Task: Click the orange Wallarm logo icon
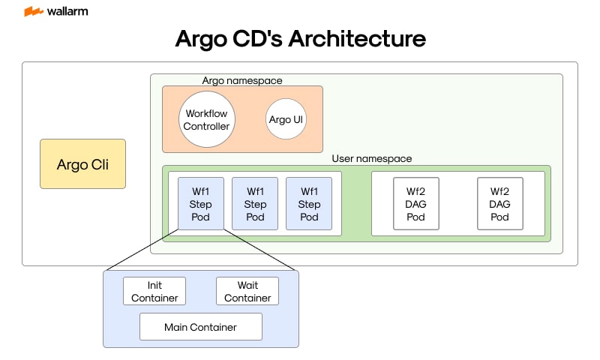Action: coord(33,12)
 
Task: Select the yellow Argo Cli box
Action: coord(82,163)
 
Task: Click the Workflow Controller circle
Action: coord(206,120)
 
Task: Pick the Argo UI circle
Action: coord(286,120)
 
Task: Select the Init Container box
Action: coord(154,291)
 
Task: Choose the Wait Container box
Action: coord(247,291)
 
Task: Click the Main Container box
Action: coord(200,327)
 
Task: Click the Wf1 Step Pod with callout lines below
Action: coord(200,204)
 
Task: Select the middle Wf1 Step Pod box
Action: coord(255,204)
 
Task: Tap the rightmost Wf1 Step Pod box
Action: coord(309,204)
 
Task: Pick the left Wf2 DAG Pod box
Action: coord(415,204)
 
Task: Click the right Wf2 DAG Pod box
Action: coord(500,204)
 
